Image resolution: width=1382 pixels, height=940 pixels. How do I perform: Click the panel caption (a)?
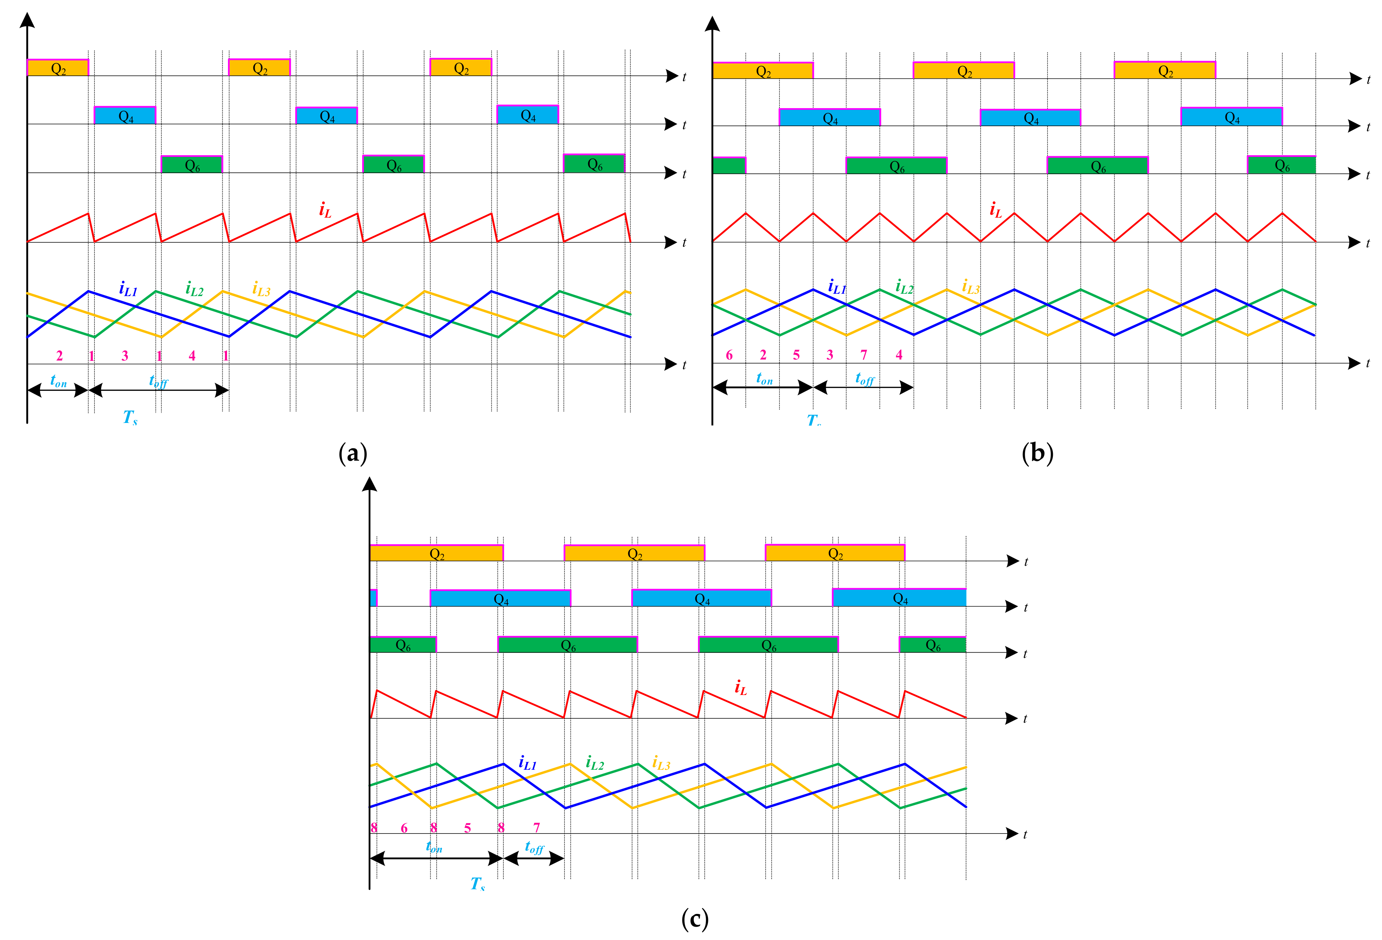[353, 454]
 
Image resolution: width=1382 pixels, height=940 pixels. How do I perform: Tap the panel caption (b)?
[1037, 454]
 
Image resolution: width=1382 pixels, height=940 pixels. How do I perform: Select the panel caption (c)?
[695, 919]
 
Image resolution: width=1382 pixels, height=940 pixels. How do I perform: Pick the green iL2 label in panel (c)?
[595, 763]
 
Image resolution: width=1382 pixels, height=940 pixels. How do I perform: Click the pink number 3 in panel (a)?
[125, 356]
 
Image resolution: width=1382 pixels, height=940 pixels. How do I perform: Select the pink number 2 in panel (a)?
[59, 356]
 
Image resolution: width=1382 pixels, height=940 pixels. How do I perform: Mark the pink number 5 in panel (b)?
[796, 355]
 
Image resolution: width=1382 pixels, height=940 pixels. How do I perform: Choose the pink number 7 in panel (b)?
[864, 355]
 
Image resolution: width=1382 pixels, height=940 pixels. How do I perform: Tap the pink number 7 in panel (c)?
[536, 828]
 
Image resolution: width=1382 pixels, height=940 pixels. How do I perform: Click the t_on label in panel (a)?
[58, 381]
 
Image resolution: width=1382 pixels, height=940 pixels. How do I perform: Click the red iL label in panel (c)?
[740, 688]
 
